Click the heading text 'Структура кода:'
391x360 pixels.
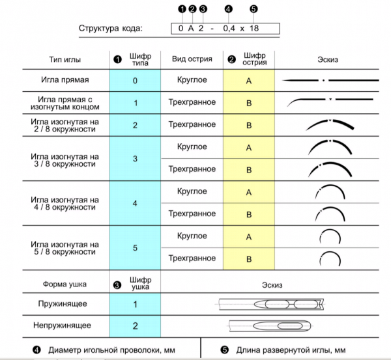tap(111, 29)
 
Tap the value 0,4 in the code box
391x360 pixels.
tap(229, 29)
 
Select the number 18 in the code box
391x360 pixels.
tap(254, 28)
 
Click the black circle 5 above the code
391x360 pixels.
tap(253, 9)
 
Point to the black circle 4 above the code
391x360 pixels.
tap(229, 9)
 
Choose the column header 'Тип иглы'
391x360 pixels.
tap(65, 60)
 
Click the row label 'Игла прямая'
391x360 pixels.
tap(65, 79)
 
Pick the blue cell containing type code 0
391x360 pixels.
tap(135, 81)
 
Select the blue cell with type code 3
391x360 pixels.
tap(135, 158)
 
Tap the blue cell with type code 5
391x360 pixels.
tap(135, 247)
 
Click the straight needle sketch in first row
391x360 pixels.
tap(330, 81)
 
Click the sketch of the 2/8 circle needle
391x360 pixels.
tap(330, 121)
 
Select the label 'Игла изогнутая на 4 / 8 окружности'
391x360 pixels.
tap(65, 203)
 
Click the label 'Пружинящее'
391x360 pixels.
tap(63, 304)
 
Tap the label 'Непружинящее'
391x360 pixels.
tap(62, 325)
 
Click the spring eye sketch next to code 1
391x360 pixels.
tap(270, 304)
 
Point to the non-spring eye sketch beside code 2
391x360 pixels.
tap(270, 326)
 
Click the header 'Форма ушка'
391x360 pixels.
tap(65, 284)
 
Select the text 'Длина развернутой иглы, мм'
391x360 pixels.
tap(291, 350)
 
